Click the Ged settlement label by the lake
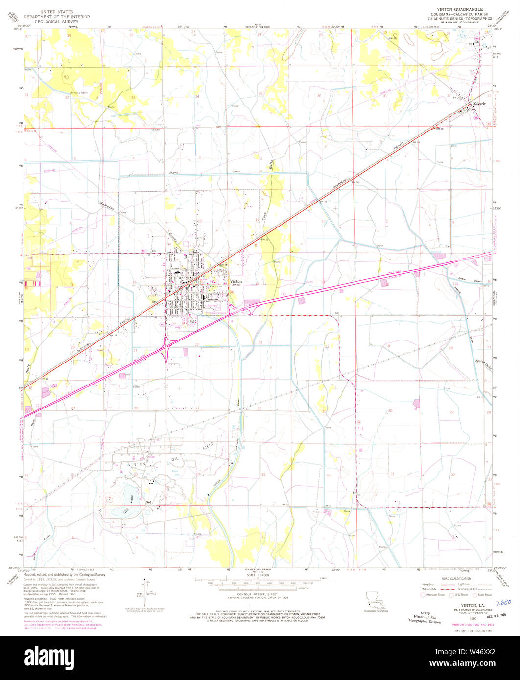148,502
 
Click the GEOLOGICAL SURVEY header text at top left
60,22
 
